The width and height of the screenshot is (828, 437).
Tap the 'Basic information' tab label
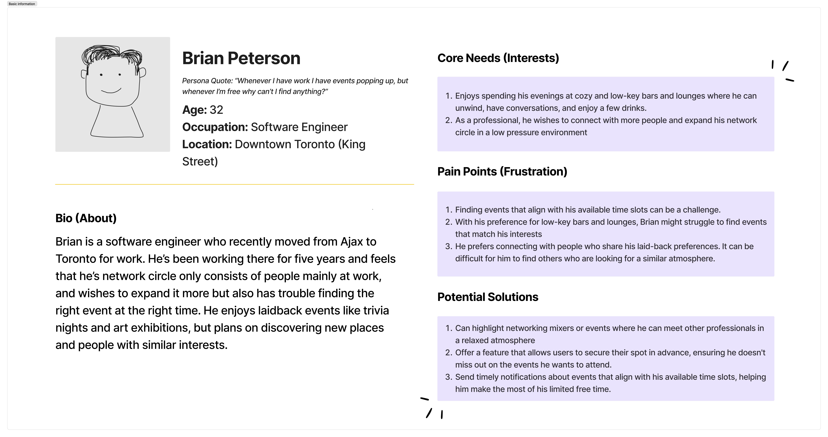pyautogui.click(x=22, y=4)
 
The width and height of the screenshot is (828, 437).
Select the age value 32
pyautogui.click(x=216, y=110)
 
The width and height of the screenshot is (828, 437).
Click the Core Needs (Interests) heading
pyautogui.click(x=498, y=58)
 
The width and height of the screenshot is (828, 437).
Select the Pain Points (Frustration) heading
pyautogui.click(x=502, y=172)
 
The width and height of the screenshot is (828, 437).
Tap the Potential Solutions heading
pyautogui.click(x=488, y=297)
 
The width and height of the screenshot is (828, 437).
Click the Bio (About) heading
pyautogui.click(x=86, y=218)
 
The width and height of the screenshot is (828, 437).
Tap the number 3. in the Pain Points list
pyautogui.click(x=449, y=247)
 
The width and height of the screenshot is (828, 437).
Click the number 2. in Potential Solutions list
pyautogui.click(x=449, y=353)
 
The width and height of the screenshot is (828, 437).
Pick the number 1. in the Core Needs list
pyautogui.click(x=449, y=96)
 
